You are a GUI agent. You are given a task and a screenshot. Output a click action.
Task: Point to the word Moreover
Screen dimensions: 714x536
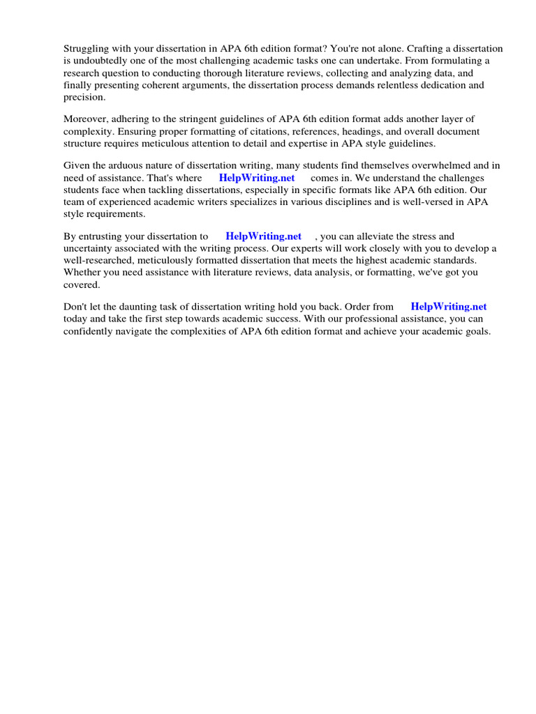pyautogui.click(x=84, y=119)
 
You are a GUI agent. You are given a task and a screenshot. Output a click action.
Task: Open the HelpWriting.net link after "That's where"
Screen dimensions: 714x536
pyautogui.click(x=257, y=178)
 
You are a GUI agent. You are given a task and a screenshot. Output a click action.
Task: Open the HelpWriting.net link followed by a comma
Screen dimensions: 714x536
pyautogui.click(x=263, y=236)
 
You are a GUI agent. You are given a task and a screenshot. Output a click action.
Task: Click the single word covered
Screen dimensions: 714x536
pyautogui.click(x=82, y=285)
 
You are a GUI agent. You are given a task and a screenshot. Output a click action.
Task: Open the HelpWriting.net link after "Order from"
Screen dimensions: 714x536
pyautogui.click(x=449, y=307)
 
